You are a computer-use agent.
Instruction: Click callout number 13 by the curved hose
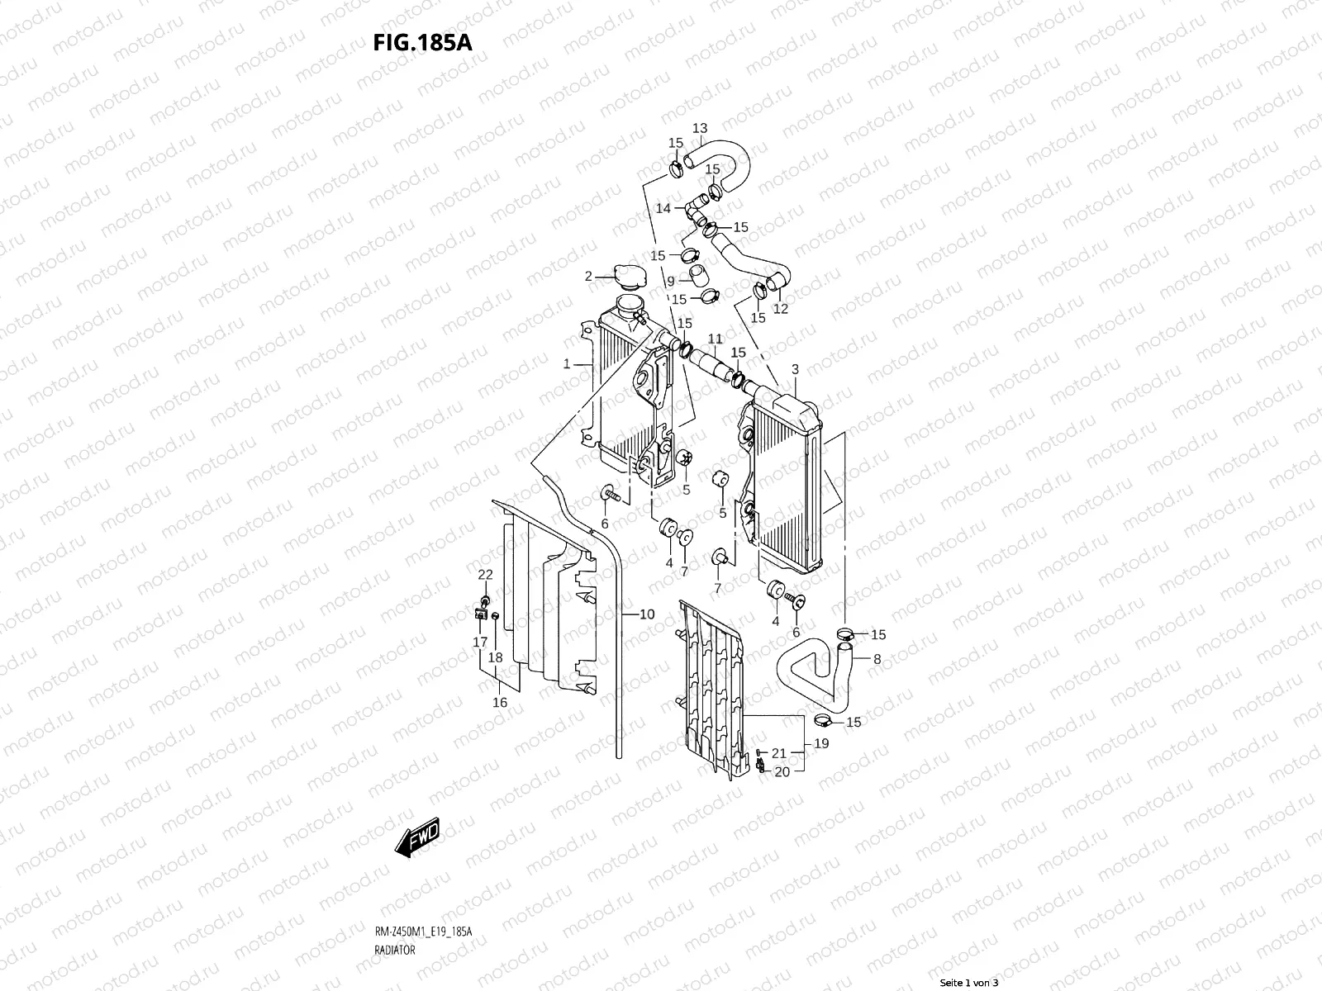(700, 128)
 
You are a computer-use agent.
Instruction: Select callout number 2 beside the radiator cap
(589, 276)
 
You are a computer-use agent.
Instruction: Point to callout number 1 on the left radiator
(567, 363)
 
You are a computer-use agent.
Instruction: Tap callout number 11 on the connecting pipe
(715, 339)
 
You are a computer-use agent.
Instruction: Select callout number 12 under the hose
(780, 309)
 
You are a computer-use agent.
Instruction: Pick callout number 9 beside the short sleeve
(671, 281)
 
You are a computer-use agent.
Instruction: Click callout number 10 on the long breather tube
(647, 614)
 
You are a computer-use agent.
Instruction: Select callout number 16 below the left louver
(500, 702)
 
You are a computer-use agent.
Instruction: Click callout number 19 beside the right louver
(821, 743)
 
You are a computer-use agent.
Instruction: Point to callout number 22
(486, 574)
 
